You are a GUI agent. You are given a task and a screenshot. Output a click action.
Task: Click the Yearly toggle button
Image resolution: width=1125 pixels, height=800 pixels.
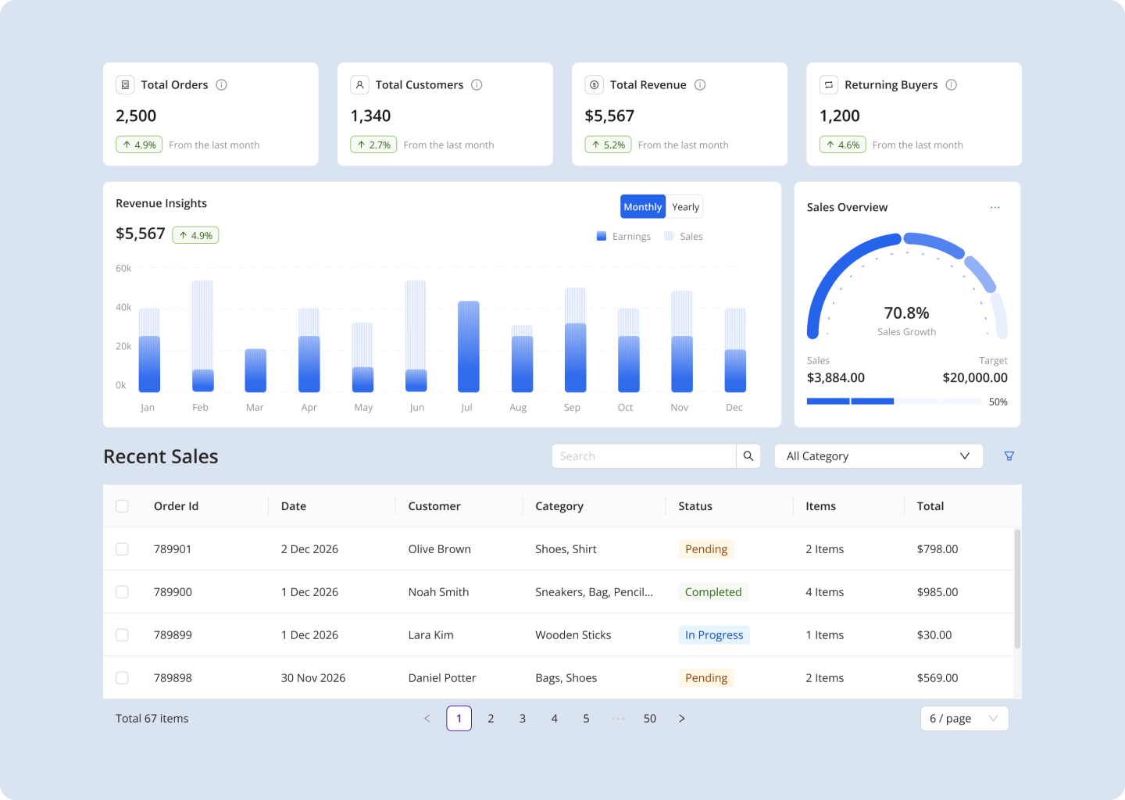pyautogui.click(x=685, y=207)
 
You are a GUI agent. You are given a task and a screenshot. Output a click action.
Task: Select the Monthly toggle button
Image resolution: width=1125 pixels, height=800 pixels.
pyautogui.click(x=643, y=207)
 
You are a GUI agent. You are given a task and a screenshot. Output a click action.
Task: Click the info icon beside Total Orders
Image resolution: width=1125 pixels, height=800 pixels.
pyautogui.click(x=221, y=85)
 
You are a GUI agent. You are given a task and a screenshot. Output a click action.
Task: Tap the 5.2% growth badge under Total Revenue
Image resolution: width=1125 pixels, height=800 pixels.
pyautogui.click(x=608, y=145)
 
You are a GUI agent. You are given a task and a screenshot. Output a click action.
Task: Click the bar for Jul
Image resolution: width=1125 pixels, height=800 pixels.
pyautogui.click(x=468, y=346)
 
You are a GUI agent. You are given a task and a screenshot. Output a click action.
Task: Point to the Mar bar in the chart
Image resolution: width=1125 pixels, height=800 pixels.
pyautogui.click(x=255, y=370)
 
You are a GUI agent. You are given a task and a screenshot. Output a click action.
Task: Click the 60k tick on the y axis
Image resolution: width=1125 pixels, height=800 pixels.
pyautogui.click(x=123, y=269)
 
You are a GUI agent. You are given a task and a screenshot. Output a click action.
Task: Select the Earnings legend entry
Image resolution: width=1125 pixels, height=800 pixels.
pyautogui.click(x=623, y=237)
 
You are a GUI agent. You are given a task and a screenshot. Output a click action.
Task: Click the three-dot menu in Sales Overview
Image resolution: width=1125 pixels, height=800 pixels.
pyautogui.click(x=995, y=208)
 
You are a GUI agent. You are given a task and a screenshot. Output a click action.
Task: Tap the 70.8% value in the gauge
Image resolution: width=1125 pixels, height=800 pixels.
pyautogui.click(x=906, y=313)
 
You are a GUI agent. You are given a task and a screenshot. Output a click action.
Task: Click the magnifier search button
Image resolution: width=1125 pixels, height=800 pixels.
pyautogui.click(x=748, y=456)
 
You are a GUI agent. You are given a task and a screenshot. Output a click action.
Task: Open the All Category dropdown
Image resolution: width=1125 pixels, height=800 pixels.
pyautogui.click(x=878, y=456)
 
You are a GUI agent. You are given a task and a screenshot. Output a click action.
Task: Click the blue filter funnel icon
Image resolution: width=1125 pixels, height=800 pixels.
pyautogui.click(x=1009, y=456)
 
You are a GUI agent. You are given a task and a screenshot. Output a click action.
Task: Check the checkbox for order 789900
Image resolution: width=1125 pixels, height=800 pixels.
pyautogui.click(x=122, y=592)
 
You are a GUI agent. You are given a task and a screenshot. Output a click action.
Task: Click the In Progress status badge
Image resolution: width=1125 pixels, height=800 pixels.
pyautogui.click(x=713, y=635)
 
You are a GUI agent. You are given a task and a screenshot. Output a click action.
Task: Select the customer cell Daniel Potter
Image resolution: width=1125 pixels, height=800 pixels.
pyautogui.click(x=441, y=678)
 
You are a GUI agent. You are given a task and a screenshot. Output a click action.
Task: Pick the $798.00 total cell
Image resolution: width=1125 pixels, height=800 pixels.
pyautogui.click(x=937, y=549)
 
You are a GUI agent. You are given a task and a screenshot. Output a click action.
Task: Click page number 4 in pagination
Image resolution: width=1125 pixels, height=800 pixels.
pyautogui.click(x=554, y=719)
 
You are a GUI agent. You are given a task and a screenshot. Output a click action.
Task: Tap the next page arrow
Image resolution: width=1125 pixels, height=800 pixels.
pyautogui.click(x=681, y=719)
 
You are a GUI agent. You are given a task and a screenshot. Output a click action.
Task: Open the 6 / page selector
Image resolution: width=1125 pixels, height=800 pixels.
pyautogui.click(x=964, y=719)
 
